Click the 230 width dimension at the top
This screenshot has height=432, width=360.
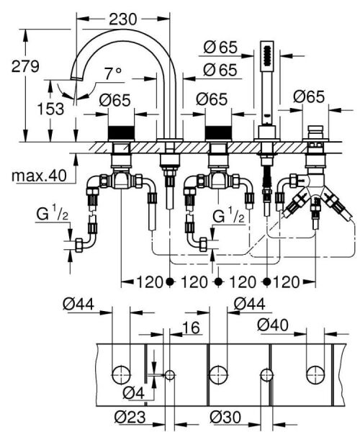(123, 19)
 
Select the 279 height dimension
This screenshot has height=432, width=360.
(25, 66)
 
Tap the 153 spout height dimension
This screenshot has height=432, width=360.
(50, 109)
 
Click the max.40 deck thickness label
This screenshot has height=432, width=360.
(39, 175)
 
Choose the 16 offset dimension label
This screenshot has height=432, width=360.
(191, 328)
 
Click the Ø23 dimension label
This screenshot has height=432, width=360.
(130, 417)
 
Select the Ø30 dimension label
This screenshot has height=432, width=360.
(225, 417)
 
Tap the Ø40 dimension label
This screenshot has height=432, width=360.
(273, 325)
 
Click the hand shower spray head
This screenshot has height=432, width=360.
(267, 54)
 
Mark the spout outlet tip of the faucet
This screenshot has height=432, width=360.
(76, 78)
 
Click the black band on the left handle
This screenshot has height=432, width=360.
(121, 133)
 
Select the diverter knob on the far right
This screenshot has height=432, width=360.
(315, 132)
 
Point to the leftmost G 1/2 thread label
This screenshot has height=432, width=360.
(52, 214)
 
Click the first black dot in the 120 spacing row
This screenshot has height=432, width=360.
(170, 282)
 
